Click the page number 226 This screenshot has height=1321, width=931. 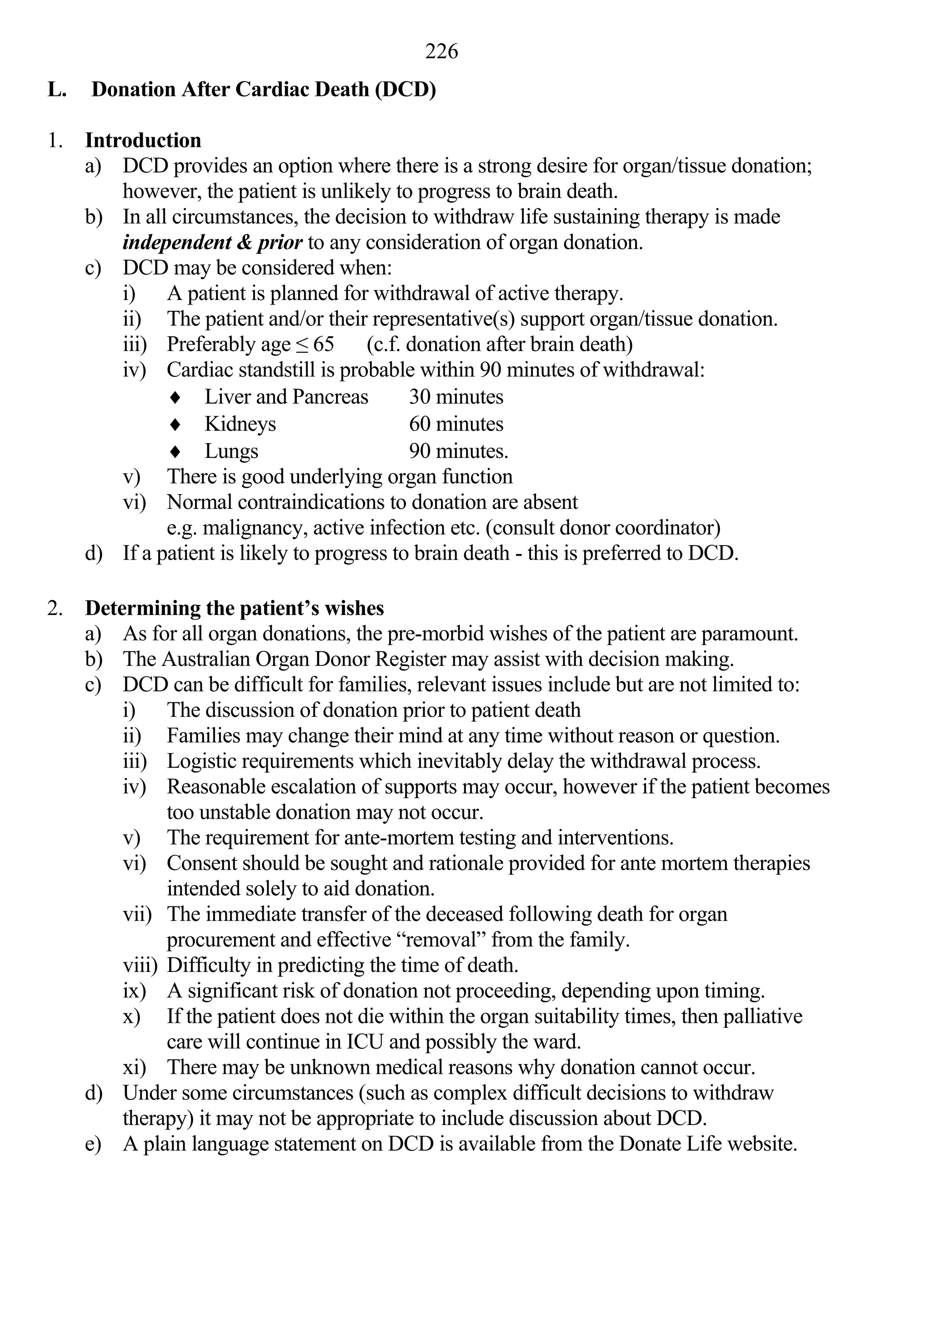click(441, 52)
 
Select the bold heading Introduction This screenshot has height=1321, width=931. click(143, 140)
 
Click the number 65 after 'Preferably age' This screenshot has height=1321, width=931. click(323, 344)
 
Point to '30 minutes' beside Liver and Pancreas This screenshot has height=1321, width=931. click(455, 397)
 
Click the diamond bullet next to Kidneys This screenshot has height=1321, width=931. click(176, 425)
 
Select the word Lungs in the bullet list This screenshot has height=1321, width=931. click(231, 451)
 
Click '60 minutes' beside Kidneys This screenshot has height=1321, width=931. click(455, 424)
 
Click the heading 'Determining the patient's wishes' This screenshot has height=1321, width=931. click(234, 608)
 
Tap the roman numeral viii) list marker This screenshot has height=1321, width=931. click(139, 965)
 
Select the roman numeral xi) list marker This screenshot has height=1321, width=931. click(134, 1067)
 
